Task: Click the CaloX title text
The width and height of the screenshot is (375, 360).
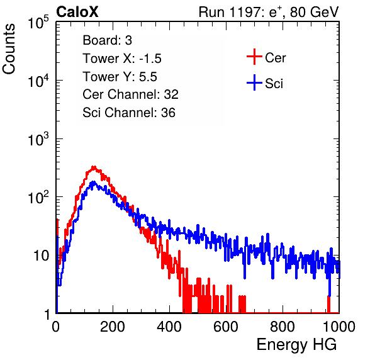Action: pyautogui.click(x=77, y=12)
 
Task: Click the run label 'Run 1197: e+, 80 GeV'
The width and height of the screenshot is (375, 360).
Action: pyautogui.click(x=269, y=12)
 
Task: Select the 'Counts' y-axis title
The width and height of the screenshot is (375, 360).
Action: pyautogui.click(x=9, y=49)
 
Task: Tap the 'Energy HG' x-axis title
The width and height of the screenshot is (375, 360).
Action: pyautogui.click(x=296, y=345)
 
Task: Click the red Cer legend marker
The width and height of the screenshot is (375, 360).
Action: pyautogui.click(x=254, y=57)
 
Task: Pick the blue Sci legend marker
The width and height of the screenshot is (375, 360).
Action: pyautogui.click(x=254, y=82)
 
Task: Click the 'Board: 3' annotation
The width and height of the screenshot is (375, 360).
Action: pyautogui.click(x=107, y=40)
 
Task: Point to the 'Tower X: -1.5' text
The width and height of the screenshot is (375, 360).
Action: pyautogui.click(x=122, y=59)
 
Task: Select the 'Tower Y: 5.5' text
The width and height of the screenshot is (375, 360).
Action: pyautogui.click(x=120, y=77)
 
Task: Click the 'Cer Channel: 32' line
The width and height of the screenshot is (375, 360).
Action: pyautogui.click(x=131, y=94)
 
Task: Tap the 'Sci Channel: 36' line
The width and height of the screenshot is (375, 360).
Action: pyautogui.click(x=129, y=113)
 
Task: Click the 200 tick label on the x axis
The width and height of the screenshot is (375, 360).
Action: pyautogui.click(x=113, y=327)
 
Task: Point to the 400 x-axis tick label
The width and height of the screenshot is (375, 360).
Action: pyautogui.click(x=169, y=327)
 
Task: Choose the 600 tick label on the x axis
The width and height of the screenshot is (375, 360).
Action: pyautogui.click(x=226, y=327)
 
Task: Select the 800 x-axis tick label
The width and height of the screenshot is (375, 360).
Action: pyautogui.click(x=283, y=327)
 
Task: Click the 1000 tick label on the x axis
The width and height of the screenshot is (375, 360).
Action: pyautogui.click(x=339, y=327)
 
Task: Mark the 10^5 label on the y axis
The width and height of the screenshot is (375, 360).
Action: pyautogui.click(x=38, y=23)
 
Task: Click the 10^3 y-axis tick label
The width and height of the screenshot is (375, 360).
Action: pyautogui.click(x=38, y=139)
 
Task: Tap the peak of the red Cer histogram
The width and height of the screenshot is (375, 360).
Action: pyautogui.click(x=94, y=167)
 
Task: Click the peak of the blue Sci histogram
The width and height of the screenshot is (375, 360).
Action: pyautogui.click(x=94, y=183)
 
